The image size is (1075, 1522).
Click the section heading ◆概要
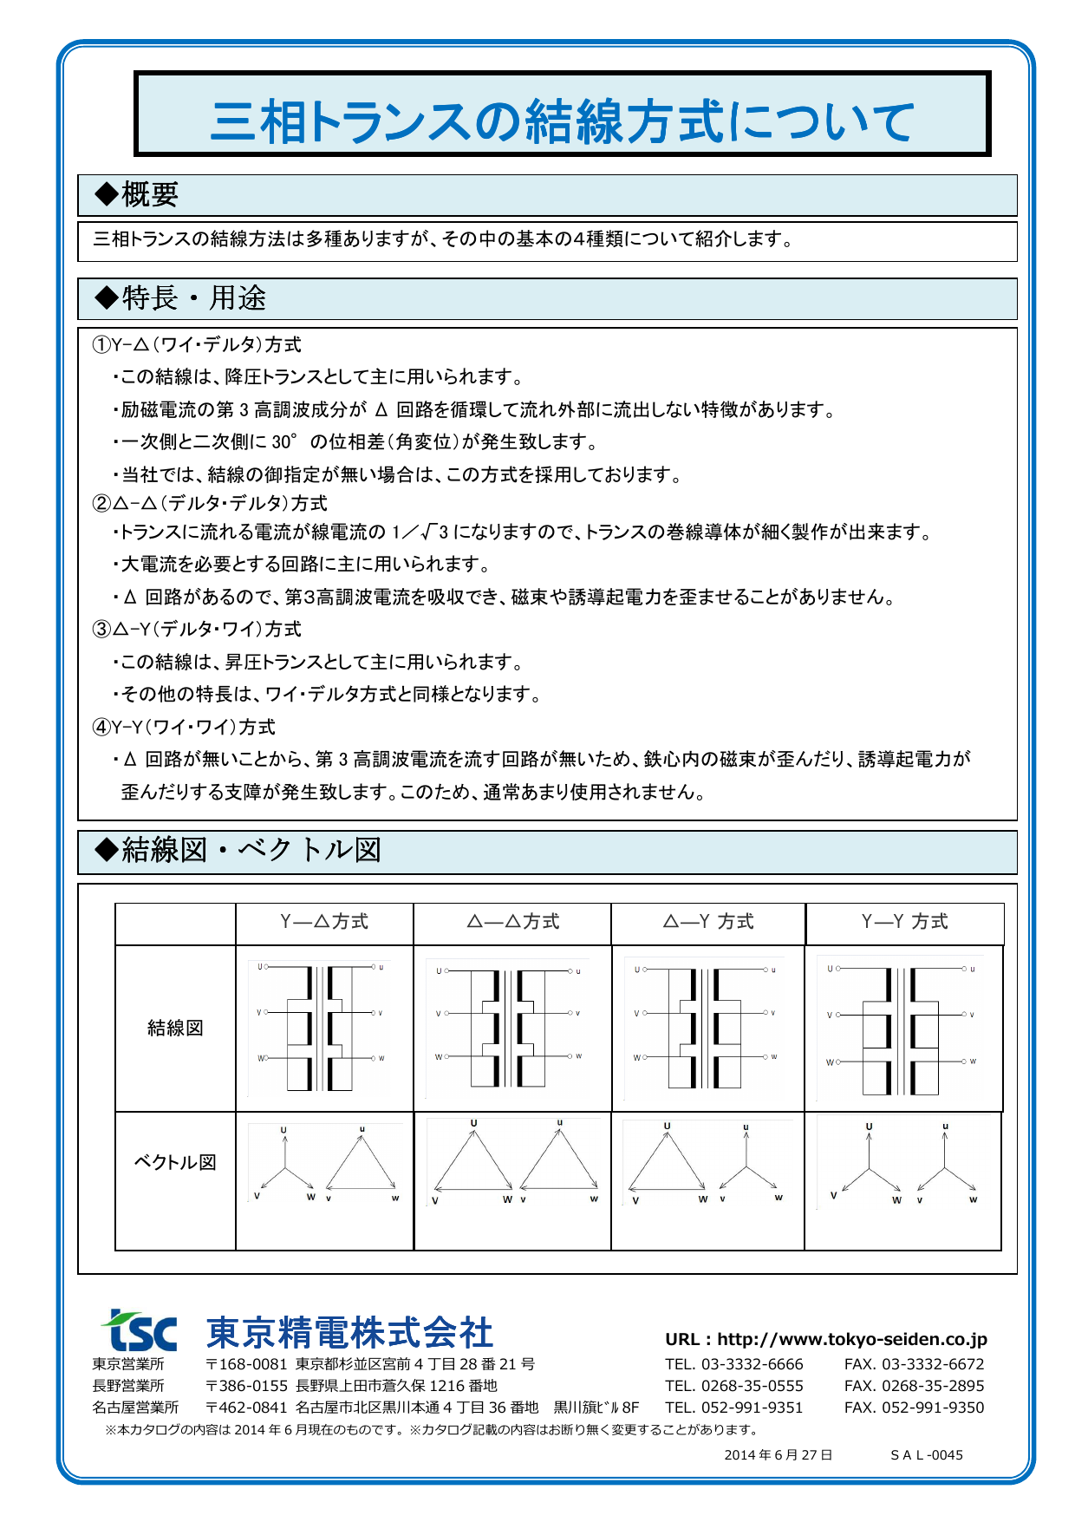(x=137, y=194)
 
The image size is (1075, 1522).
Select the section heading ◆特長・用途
(x=180, y=298)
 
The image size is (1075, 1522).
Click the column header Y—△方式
(x=324, y=922)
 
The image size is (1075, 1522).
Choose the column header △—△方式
(x=513, y=922)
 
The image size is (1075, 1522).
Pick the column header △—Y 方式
(x=708, y=922)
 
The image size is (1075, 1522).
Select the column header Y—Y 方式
(x=904, y=922)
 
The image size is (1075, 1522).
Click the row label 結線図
(x=175, y=1028)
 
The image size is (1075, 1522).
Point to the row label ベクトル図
(x=175, y=1162)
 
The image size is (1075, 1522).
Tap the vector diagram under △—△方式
(x=513, y=1160)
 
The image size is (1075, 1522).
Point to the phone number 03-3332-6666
(x=752, y=1364)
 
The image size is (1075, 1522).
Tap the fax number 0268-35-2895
(x=933, y=1386)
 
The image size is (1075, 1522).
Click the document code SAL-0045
(x=927, y=1455)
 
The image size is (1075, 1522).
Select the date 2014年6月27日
(x=778, y=1455)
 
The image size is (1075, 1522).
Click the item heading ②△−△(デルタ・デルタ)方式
(x=210, y=503)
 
